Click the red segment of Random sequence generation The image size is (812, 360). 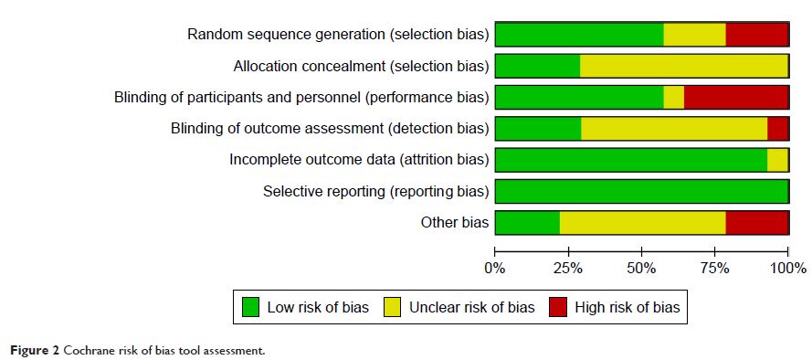[757, 34]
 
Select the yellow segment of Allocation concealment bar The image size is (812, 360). [684, 66]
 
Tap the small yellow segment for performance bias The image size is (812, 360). [674, 98]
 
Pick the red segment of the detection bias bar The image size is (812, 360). [778, 129]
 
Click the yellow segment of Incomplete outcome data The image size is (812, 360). [778, 160]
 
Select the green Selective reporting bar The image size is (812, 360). [642, 192]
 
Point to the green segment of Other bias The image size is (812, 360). [528, 223]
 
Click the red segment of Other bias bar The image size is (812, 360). [757, 223]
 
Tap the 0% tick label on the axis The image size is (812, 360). [494, 269]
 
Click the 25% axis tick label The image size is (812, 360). [568, 269]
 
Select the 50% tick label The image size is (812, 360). [641, 269]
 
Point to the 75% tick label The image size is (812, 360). [715, 269]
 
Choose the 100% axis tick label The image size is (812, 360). [788, 269]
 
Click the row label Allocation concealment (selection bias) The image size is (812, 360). [361, 67]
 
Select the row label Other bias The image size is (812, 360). [455, 223]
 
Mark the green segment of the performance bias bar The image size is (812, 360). [579, 98]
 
